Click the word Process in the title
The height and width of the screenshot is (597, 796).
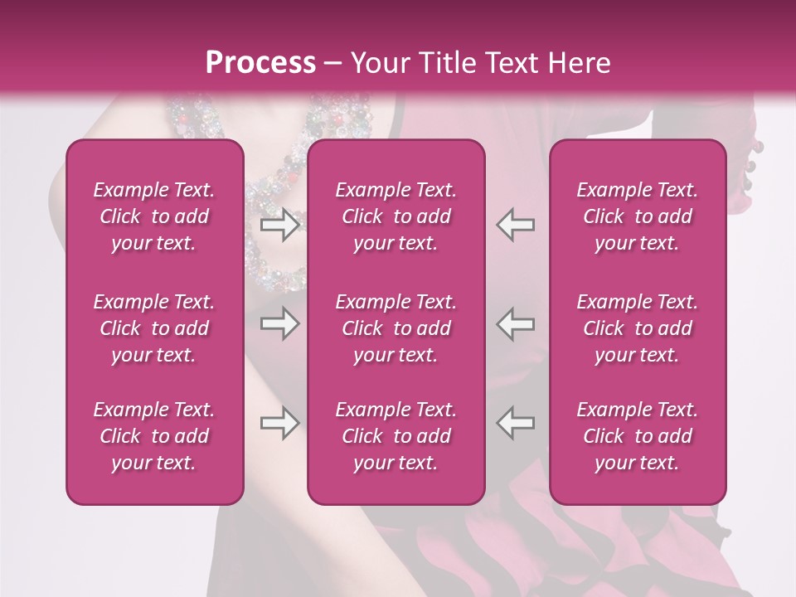coord(260,63)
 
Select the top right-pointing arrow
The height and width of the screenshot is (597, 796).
coord(280,225)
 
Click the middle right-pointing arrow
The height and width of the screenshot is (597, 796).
coord(280,324)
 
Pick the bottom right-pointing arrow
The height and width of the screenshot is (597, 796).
coord(280,424)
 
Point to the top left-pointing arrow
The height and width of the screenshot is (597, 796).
coord(515,225)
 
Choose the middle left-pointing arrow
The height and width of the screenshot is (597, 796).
coord(515,324)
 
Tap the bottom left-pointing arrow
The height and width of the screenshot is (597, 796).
coord(515,424)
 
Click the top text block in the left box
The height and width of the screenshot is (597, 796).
coord(154,216)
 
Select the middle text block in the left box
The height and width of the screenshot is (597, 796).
coord(154,328)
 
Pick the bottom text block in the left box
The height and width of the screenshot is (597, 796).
coord(154,436)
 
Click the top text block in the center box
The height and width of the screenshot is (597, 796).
coord(396,216)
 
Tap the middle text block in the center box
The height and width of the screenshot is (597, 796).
coord(396,328)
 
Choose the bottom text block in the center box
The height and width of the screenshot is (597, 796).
coord(396,436)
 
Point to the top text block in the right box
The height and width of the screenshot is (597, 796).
coord(638,216)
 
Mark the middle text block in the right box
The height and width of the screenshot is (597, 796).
coord(638,328)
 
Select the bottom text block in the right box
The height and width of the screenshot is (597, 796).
coord(638,436)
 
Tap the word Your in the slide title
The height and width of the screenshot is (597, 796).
coord(377,63)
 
